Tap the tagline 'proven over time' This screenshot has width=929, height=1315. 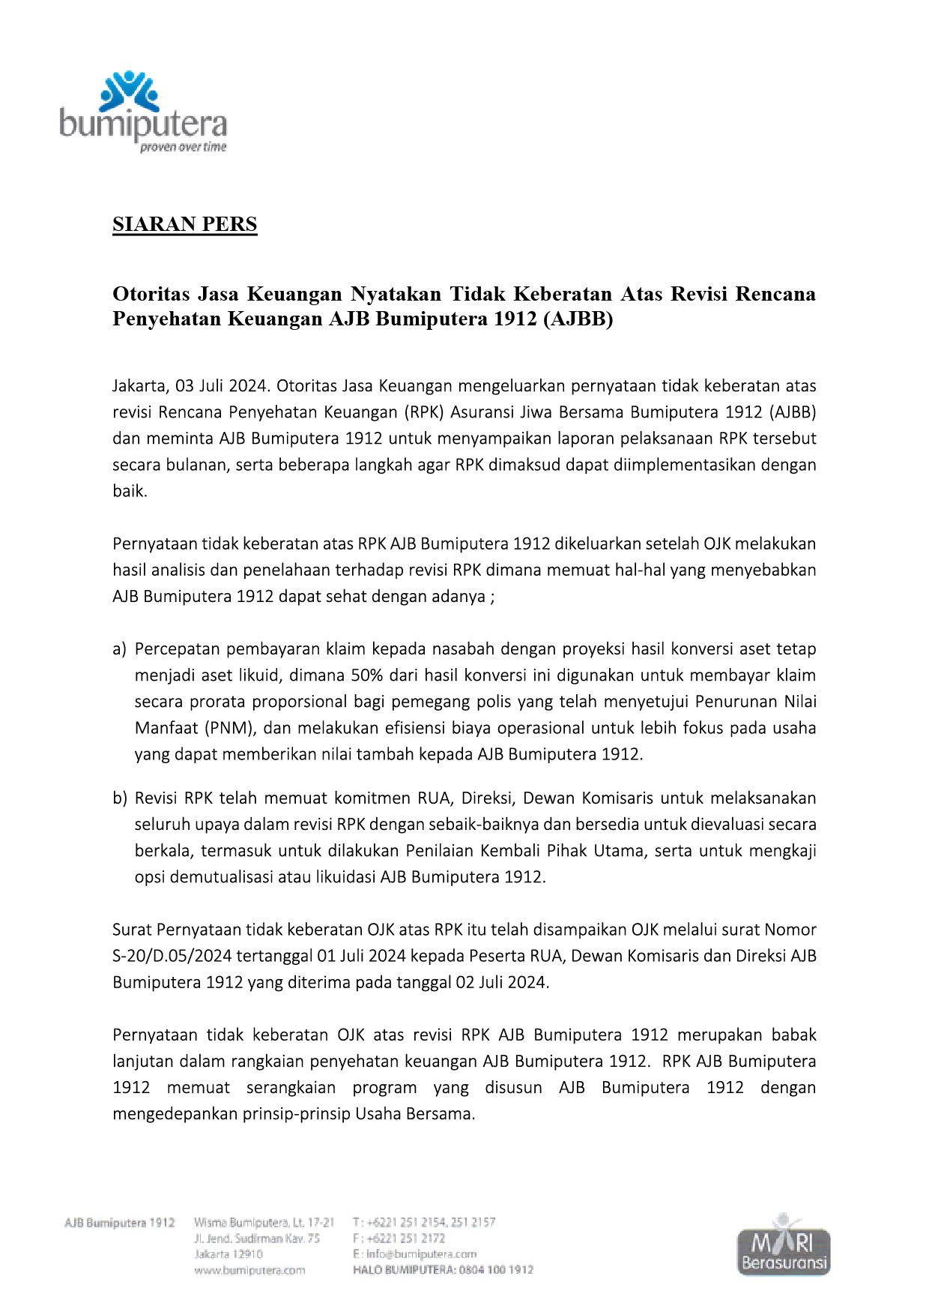[x=183, y=147]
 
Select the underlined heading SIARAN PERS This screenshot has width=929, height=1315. [x=184, y=224]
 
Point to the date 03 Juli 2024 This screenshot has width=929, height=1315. [x=222, y=386]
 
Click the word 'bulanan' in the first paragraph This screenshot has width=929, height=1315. [x=199, y=465]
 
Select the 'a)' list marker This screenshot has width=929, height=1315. [x=120, y=649]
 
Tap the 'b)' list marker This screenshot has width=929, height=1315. [x=120, y=798]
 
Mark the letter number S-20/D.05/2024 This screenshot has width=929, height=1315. [x=172, y=957]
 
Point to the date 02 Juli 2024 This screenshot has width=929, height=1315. [x=502, y=983]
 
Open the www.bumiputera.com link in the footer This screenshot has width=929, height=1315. [x=249, y=1270]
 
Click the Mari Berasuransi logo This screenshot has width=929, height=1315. [x=784, y=1245]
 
